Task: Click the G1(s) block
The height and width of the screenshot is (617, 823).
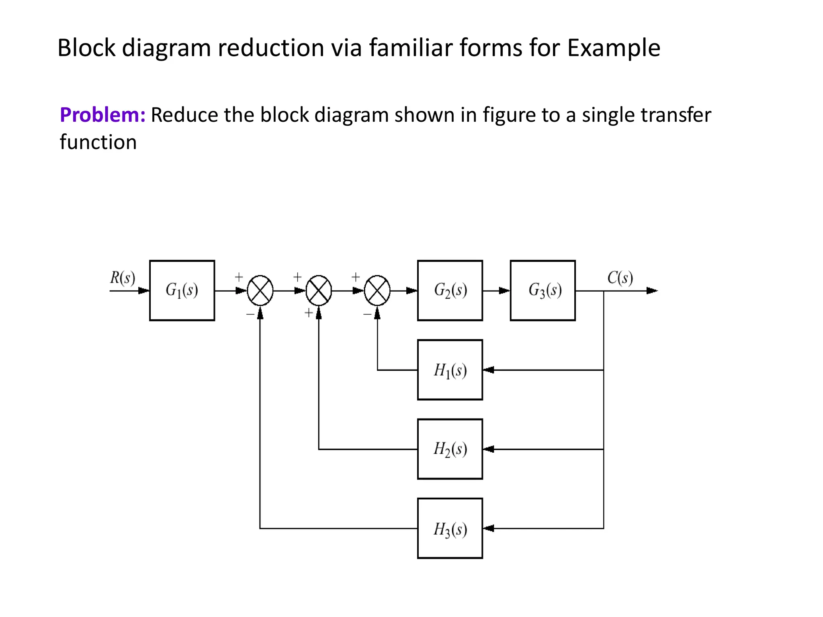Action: pyautogui.click(x=182, y=290)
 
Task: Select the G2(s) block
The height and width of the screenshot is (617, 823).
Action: pyautogui.click(x=450, y=290)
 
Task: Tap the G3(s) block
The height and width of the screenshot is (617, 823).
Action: pyautogui.click(x=543, y=290)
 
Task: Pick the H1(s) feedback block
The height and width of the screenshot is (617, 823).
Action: pyautogui.click(x=450, y=370)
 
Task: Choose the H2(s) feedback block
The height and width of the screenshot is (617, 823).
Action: pyautogui.click(x=450, y=449)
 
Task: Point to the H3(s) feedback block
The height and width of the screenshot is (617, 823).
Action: pyautogui.click(x=450, y=528)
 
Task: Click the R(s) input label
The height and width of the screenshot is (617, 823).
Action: pyautogui.click(x=123, y=278)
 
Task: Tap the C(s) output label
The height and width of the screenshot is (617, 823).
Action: pyautogui.click(x=620, y=278)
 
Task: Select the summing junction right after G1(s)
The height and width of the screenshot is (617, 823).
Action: pyautogui.click(x=260, y=290)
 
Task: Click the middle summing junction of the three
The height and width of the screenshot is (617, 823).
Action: pyautogui.click(x=319, y=290)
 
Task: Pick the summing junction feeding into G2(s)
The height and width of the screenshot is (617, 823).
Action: pyautogui.click(x=377, y=290)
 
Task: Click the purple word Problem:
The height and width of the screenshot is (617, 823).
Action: pyautogui.click(x=102, y=115)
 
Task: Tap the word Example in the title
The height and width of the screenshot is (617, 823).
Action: pyautogui.click(x=614, y=48)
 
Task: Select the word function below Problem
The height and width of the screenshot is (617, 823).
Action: pyautogui.click(x=98, y=142)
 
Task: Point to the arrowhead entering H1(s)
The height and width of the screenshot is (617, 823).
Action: pyautogui.click(x=488, y=370)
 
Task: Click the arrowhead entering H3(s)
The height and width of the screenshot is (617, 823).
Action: pyautogui.click(x=488, y=528)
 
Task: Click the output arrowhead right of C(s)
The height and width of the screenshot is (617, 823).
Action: pyautogui.click(x=651, y=290)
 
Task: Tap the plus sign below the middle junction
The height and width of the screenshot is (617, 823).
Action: pyautogui.click(x=308, y=313)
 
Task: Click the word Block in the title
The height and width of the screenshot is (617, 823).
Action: pyautogui.click(x=86, y=48)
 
